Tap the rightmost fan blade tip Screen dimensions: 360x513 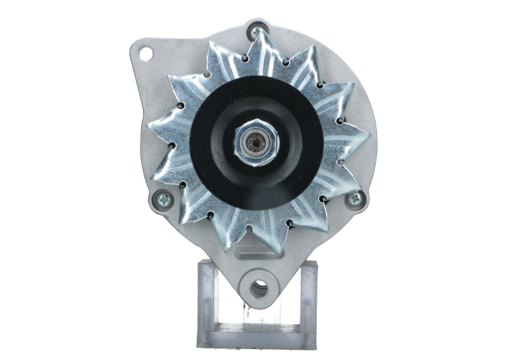(x=369, y=138)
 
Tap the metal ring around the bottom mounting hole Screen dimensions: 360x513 (x=250, y=286)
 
